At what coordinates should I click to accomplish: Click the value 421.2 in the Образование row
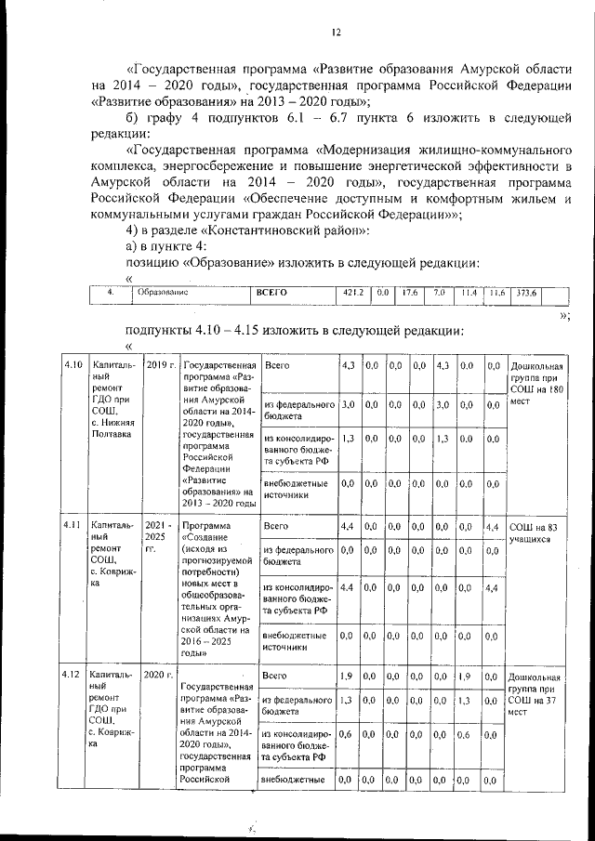pyautogui.click(x=352, y=293)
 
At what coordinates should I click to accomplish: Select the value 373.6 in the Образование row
pyautogui.click(x=527, y=293)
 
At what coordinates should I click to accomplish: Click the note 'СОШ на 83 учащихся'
pyautogui.click(x=534, y=532)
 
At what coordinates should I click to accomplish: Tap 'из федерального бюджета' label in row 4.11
pyautogui.click(x=297, y=556)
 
